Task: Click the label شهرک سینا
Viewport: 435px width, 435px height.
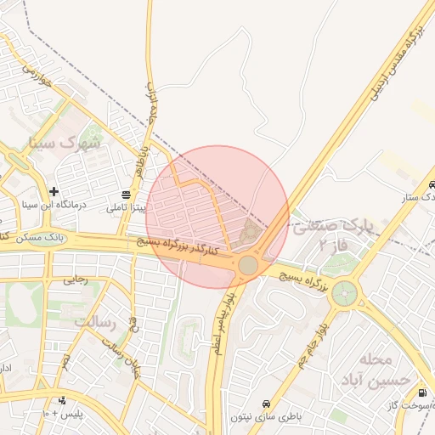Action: [x=65, y=142]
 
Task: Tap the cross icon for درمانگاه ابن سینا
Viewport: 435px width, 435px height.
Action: [x=54, y=191]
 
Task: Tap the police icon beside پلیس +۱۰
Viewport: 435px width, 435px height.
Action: [x=61, y=400]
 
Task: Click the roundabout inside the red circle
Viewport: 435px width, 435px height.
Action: [x=247, y=265]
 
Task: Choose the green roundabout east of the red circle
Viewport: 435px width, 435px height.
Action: [x=344, y=293]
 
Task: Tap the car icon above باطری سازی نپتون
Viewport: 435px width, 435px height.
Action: [x=267, y=402]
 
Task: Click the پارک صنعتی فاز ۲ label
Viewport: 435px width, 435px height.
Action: [x=335, y=234]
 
